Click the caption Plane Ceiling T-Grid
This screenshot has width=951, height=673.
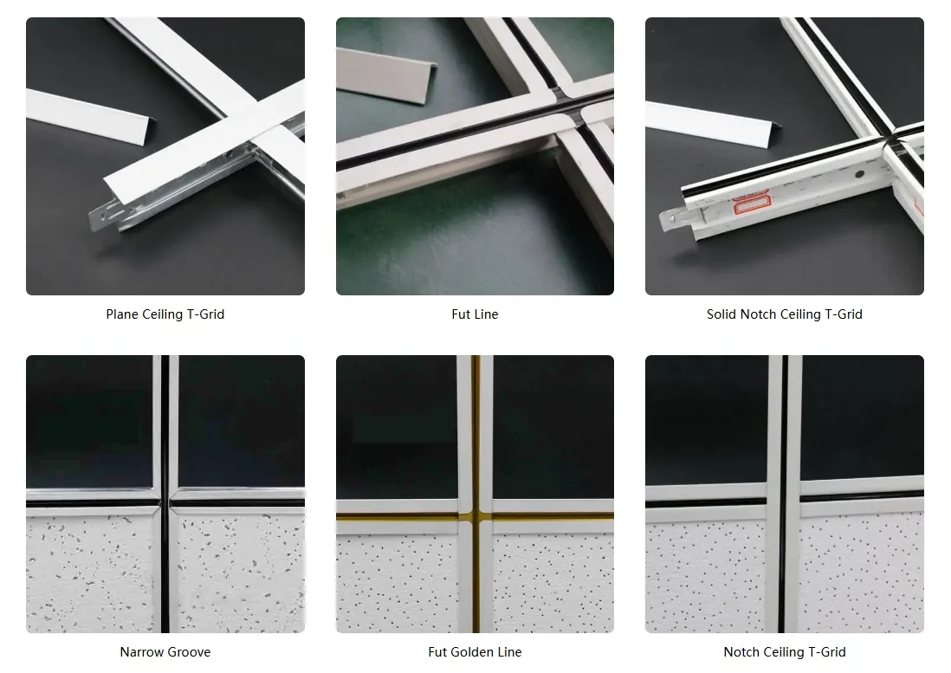pyautogui.click(x=165, y=314)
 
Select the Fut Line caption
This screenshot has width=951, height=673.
pyautogui.click(x=475, y=314)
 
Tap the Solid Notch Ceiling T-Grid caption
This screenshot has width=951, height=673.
pyautogui.click(x=784, y=314)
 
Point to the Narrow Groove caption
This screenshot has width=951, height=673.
pyautogui.click(x=165, y=651)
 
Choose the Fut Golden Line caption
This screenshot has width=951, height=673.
pyautogui.click(x=475, y=651)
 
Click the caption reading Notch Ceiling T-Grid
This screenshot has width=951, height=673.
pyautogui.click(x=784, y=651)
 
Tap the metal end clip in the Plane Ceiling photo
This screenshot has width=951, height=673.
pyautogui.click(x=106, y=217)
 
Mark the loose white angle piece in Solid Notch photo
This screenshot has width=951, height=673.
pyautogui.click(x=702, y=120)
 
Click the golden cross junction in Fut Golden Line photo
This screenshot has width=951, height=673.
pyautogui.click(x=475, y=516)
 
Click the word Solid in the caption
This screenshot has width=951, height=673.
pyautogui.click(x=721, y=314)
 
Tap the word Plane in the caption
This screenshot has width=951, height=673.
pyautogui.click(x=122, y=314)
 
